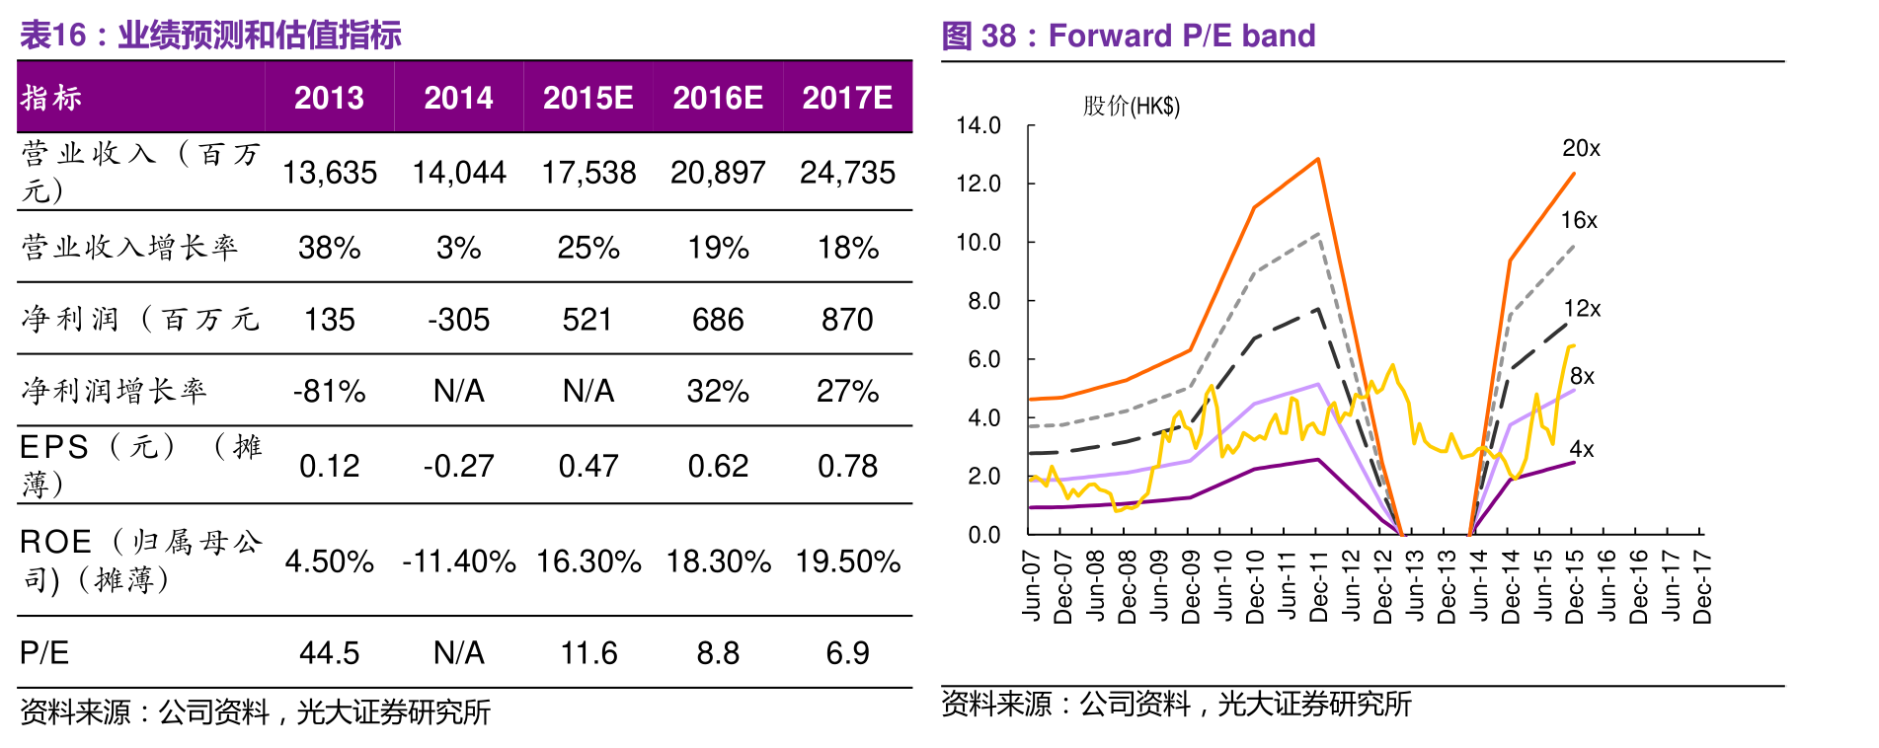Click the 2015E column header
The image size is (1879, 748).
click(x=587, y=98)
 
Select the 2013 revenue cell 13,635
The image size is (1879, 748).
click(x=330, y=173)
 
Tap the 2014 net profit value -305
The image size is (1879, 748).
click(x=458, y=320)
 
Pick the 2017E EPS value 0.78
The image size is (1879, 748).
click(x=847, y=466)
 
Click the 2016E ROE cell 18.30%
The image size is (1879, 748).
click(x=718, y=561)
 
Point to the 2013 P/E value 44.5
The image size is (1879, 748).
click(x=330, y=653)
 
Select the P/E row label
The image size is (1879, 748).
click(x=45, y=653)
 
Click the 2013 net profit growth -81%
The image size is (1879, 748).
click(x=330, y=392)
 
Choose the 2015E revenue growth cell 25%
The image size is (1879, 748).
click(x=587, y=248)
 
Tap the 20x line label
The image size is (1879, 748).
click(x=1581, y=148)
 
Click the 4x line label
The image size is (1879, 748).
click(x=1582, y=450)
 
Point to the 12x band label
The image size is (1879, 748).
click(x=1582, y=309)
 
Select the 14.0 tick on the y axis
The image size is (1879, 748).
click(x=978, y=125)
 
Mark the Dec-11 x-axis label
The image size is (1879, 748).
click(x=1318, y=586)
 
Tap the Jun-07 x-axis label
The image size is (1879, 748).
click(x=1032, y=586)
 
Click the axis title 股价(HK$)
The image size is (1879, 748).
click(x=1132, y=106)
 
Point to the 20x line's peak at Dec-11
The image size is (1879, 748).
click(x=1318, y=159)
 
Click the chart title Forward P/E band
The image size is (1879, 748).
click(x=1181, y=36)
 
